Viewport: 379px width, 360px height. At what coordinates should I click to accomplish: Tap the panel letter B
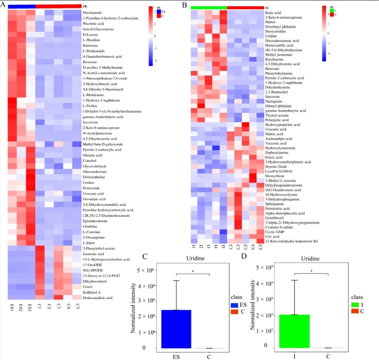tap(184, 5)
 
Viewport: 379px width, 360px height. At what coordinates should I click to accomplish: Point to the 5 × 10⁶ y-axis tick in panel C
tap(148, 270)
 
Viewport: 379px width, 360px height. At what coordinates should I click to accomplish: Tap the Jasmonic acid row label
tap(93, 254)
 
